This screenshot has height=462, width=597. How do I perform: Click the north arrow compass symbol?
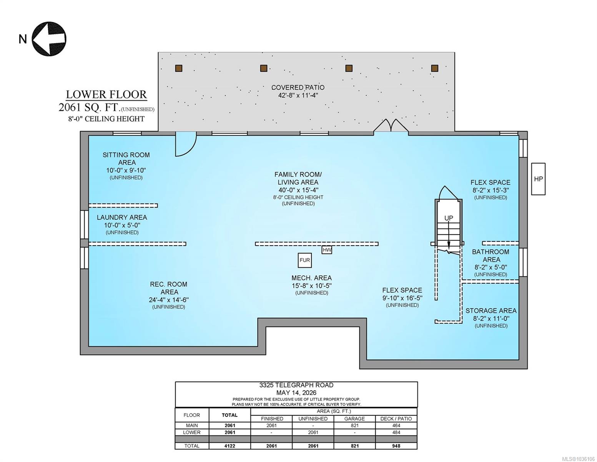click(49, 39)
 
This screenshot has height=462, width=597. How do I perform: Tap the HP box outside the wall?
click(538, 179)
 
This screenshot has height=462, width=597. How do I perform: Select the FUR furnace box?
click(305, 260)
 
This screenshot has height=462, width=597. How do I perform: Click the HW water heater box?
click(327, 250)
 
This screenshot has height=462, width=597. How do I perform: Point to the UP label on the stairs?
click(449, 218)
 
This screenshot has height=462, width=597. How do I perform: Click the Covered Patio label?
click(298, 87)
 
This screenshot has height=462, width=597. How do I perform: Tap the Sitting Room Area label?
click(126, 159)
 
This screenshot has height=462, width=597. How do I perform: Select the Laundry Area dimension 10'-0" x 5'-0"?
click(122, 225)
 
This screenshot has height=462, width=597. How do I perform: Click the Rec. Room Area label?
click(169, 288)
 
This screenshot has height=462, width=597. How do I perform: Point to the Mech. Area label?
click(311, 278)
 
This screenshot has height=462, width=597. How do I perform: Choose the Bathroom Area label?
click(491, 256)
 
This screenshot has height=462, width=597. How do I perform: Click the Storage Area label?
click(491, 311)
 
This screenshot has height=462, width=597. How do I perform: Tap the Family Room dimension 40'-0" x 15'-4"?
click(298, 190)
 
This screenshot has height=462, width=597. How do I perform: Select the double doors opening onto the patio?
click(391, 126)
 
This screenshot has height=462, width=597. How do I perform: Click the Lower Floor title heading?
click(106, 94)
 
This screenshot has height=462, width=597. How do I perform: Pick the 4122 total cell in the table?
click(229, 446)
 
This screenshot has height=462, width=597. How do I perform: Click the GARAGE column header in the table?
click(354, 418)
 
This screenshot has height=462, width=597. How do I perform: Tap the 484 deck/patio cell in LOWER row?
click(396, 432)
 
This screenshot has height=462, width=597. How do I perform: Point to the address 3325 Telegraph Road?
click(296, 385)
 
